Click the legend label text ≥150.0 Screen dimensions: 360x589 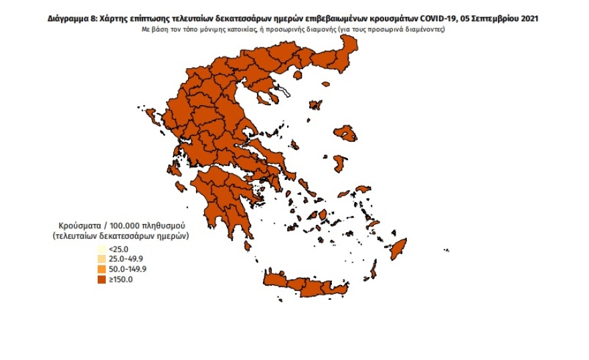[x=121, y=279]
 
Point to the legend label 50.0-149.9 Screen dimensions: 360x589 [x=127, y=269]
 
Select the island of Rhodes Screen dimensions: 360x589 [x=400, y=250]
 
